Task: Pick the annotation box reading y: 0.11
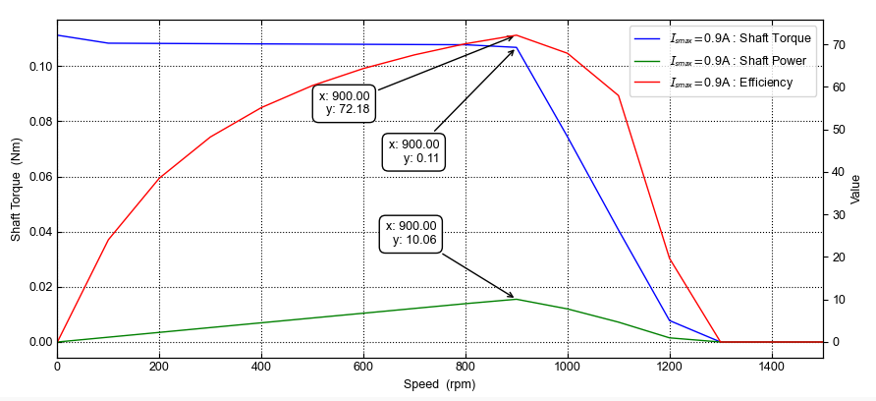coord(413,151)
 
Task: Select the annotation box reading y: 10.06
coord(411,233)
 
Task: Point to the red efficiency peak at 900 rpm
coord(517,35)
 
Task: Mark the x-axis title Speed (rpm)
coord(439,384)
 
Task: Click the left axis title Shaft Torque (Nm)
coord(16,190)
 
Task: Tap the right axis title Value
coord(855,190)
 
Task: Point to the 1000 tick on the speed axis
coord(568,367)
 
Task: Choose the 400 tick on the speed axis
coord(261,367)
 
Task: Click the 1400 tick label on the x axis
coord(772,367)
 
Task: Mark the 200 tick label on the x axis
coord(159,367)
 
